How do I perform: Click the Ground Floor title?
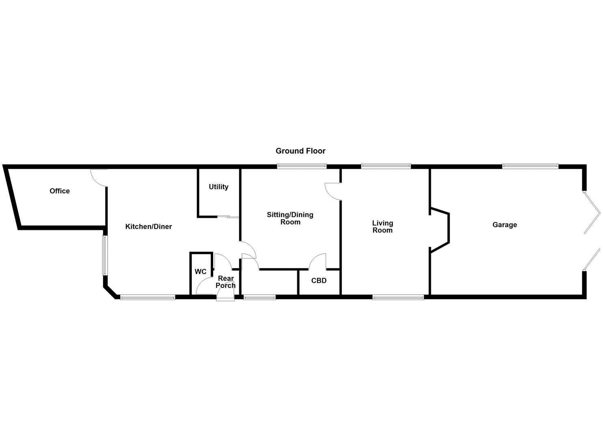coord(300,151)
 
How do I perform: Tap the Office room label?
coord(60,191)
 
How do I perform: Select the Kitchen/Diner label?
coord(148,227)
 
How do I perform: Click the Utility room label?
coord(218,187)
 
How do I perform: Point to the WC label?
coord(201,272)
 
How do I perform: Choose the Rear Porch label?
coord(226,282)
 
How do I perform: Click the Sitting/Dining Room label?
coord(290,218)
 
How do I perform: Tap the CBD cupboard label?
coord(319,281)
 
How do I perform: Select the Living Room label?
coord(383,227)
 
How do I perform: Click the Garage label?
coord(505,225)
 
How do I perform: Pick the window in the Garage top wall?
coord(530,166)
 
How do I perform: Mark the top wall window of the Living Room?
coord(386,166)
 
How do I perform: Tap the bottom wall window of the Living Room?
coord(398,298)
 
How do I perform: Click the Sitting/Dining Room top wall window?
coord(302,166)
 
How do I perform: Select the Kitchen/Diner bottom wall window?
coord(148,298)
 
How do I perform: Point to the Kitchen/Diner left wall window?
coord(104,255)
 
